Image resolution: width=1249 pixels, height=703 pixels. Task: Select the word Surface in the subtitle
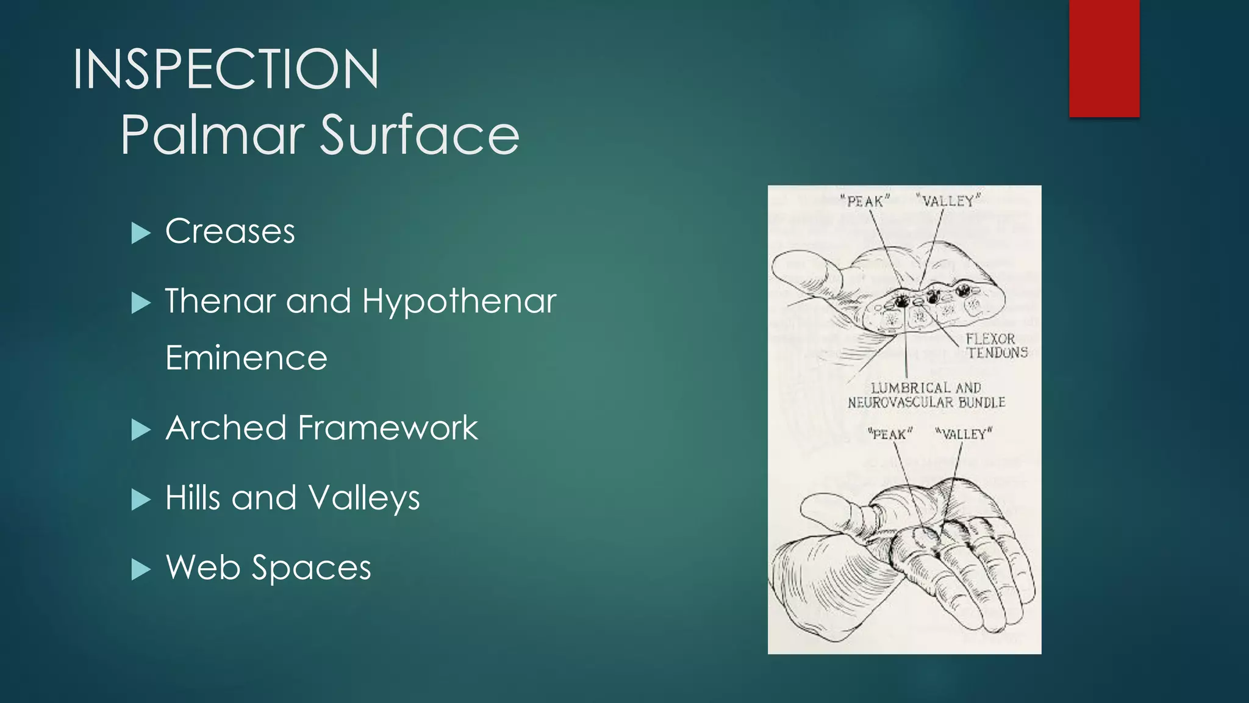[x=420, y=135]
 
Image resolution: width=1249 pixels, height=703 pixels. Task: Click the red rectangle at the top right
[x=1104, y=58]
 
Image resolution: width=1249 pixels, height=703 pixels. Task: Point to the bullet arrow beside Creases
[x=140, y=233]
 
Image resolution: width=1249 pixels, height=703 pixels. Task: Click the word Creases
[x=230, y=231]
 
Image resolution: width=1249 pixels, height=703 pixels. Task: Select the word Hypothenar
[x=459, y=301]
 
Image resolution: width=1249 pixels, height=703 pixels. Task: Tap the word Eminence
[x=246, y=358]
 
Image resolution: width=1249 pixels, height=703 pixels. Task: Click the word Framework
[x=388, y=428]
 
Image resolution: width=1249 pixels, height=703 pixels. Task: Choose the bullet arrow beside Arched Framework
[x=140, y=430]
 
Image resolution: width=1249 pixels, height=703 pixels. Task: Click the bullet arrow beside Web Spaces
[x=140, y=569]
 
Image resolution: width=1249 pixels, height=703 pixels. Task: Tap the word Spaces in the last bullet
[x=311, y=568]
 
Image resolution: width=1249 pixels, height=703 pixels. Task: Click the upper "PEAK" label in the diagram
[x=865, y=201]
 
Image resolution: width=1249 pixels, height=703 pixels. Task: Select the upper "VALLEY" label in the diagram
[x=948, y=200]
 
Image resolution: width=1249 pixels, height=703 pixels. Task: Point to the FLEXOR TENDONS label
[x=996, y=345]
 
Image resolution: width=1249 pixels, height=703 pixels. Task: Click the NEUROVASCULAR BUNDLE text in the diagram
[x=926, y=402]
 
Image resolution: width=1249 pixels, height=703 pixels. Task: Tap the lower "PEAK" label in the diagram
[x=890, y=434]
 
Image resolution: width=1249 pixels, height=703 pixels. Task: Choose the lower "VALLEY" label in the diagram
[x=964, y=434]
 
